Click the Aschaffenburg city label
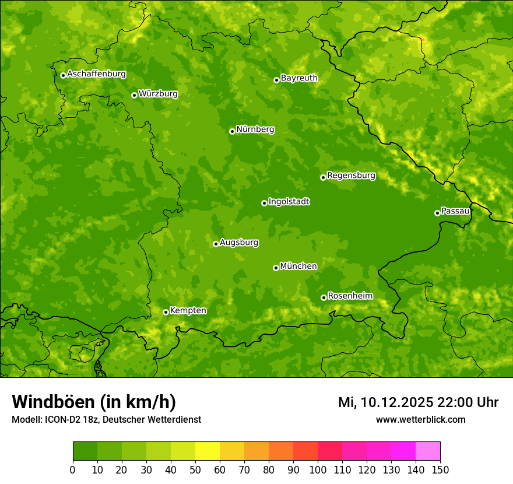pos(96,74)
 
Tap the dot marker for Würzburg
pos(134,95)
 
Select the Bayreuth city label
pos(299,78)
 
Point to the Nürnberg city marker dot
pos(232,131)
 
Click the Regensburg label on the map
pos(351,176)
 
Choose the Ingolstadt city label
pos(289,202)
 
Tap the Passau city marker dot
pos(437,213)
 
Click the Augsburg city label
pos(238,243)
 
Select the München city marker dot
pos(276,268)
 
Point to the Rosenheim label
pos(350,296)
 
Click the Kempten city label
pos(188,311)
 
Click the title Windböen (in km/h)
pos(94,402)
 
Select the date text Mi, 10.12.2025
pos(385,402)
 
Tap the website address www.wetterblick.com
pos(420,419)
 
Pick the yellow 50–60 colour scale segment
pos(208,451)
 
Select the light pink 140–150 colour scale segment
pos(428,451)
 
